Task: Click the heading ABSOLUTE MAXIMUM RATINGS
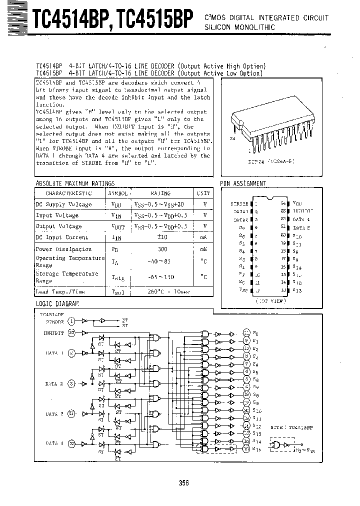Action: pos(75,183)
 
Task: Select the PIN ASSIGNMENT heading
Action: pos(243,183)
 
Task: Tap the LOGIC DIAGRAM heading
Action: pos(57,303)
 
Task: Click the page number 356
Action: pos(183,482)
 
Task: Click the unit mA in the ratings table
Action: pos(203,237)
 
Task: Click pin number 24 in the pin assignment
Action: pos(283,204)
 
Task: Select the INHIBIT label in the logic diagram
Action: pos(54,332)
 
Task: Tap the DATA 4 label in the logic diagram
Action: pos(54,443)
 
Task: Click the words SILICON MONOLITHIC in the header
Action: pos(239,27)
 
